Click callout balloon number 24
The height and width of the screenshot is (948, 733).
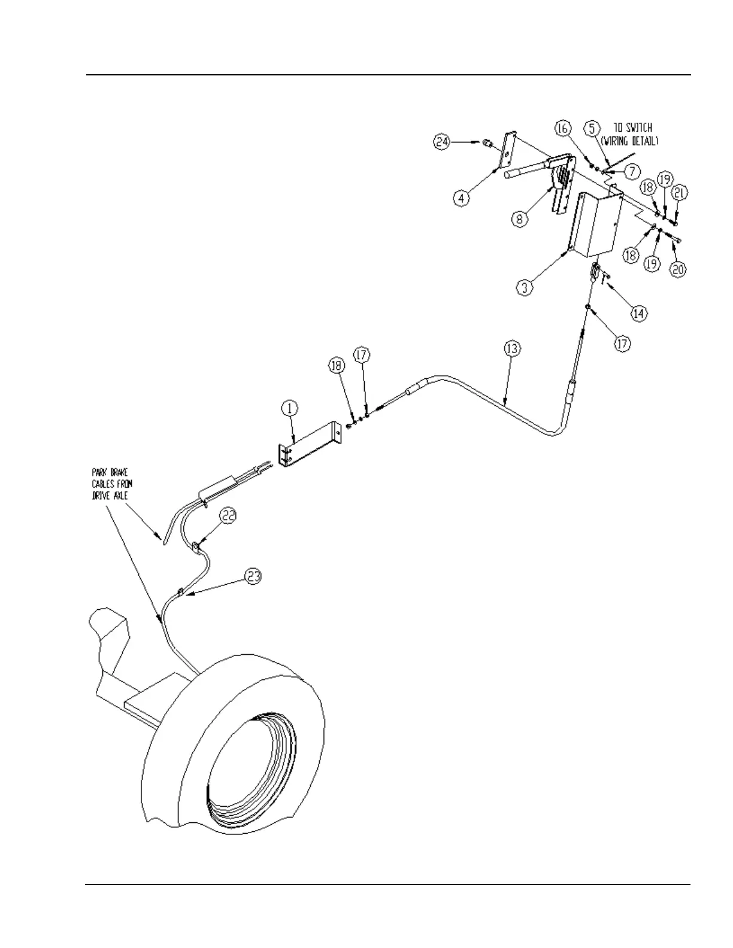442,142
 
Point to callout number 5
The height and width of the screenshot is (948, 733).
592,128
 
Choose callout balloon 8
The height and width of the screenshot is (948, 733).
519,219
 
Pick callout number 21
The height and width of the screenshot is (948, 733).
680,193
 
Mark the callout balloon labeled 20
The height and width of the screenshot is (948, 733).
677,270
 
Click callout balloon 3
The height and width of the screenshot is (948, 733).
525,287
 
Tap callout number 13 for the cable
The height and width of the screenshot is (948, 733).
512,349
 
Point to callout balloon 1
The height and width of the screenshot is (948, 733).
290,409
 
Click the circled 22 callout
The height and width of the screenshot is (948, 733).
227,515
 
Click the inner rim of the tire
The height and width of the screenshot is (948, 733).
252,772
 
